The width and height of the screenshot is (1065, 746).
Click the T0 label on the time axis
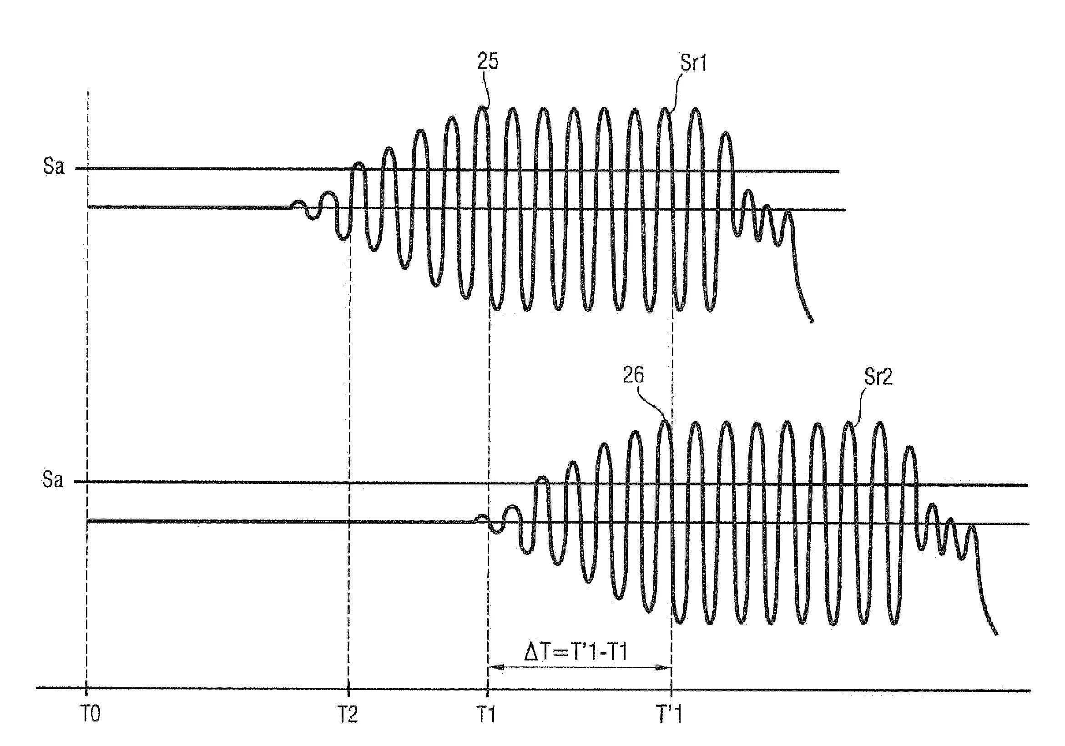91,715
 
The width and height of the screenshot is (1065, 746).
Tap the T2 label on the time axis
348,715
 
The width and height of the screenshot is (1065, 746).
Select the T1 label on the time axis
486,715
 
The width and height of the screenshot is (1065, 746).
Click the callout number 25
488,61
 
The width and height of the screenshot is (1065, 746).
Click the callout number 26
633,375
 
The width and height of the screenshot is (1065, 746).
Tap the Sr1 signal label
693,63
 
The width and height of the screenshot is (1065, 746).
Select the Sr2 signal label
878,377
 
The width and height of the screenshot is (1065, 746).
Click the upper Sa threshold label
53,166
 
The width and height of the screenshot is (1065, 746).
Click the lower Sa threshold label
52,480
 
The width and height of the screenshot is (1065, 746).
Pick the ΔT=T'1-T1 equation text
575,652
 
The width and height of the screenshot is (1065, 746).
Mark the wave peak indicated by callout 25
482,108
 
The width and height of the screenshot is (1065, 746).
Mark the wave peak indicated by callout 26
665,421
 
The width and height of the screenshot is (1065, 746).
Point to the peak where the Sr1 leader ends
665,110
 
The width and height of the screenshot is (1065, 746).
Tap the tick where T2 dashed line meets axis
348,690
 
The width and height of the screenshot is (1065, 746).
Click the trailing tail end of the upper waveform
812,321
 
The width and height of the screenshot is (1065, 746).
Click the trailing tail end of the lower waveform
996,634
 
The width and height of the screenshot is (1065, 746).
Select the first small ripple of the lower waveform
481,516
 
